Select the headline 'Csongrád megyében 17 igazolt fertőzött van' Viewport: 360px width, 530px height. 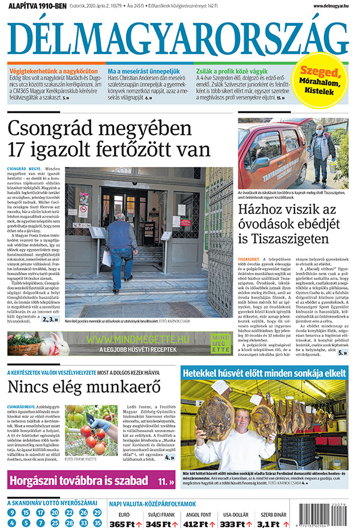point(109,138)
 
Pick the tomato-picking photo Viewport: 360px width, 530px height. point(91,429)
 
